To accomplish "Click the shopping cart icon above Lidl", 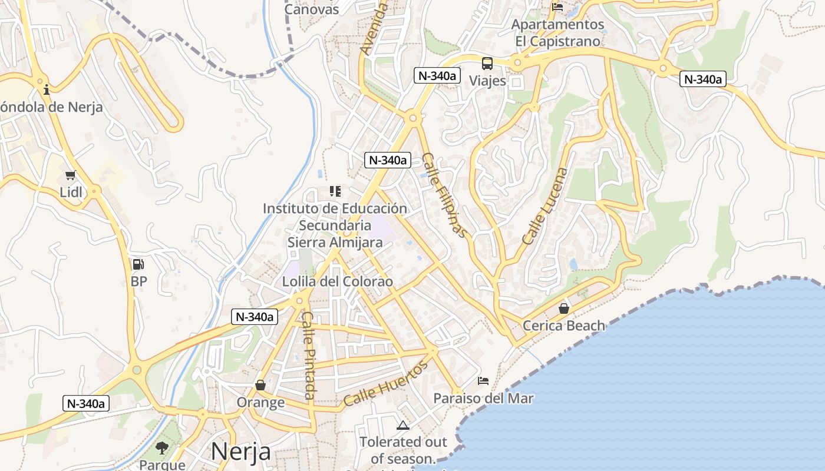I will tap(71, 175).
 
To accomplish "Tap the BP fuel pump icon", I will tap(138, 265).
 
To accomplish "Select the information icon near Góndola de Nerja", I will tap(47, 89).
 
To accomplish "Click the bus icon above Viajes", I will tap(487, 63).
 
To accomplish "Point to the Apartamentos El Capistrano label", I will tap(557, 33).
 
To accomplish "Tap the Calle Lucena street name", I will tap(545, 207).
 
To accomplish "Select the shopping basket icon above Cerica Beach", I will tap(564, 308).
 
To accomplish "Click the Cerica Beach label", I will tap(564, 326).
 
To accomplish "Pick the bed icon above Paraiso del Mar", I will tap(483, 381).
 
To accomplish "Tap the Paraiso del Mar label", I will tap(483, 399).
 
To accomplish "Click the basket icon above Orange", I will tap(260, 385).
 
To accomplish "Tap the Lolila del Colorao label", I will tap(337, 281).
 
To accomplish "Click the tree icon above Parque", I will tap(162, 447).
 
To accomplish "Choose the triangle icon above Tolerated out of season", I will tap(403, 425).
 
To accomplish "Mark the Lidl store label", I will tap(71, 192).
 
